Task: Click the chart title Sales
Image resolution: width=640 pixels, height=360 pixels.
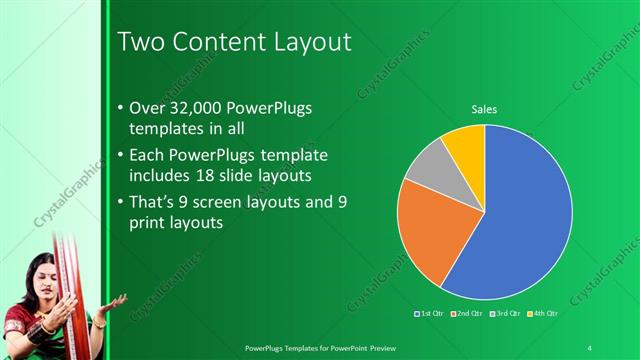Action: (485, 109)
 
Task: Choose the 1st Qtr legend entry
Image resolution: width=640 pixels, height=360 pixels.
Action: (431, 314)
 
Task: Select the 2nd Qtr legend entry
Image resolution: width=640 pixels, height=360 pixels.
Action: (467, 314)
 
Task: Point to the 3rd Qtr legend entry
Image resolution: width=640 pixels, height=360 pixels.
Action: (504, 314)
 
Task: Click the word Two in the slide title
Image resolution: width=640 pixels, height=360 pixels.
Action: (139, 42)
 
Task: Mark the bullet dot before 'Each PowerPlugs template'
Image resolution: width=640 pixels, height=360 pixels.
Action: (121, 156)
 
